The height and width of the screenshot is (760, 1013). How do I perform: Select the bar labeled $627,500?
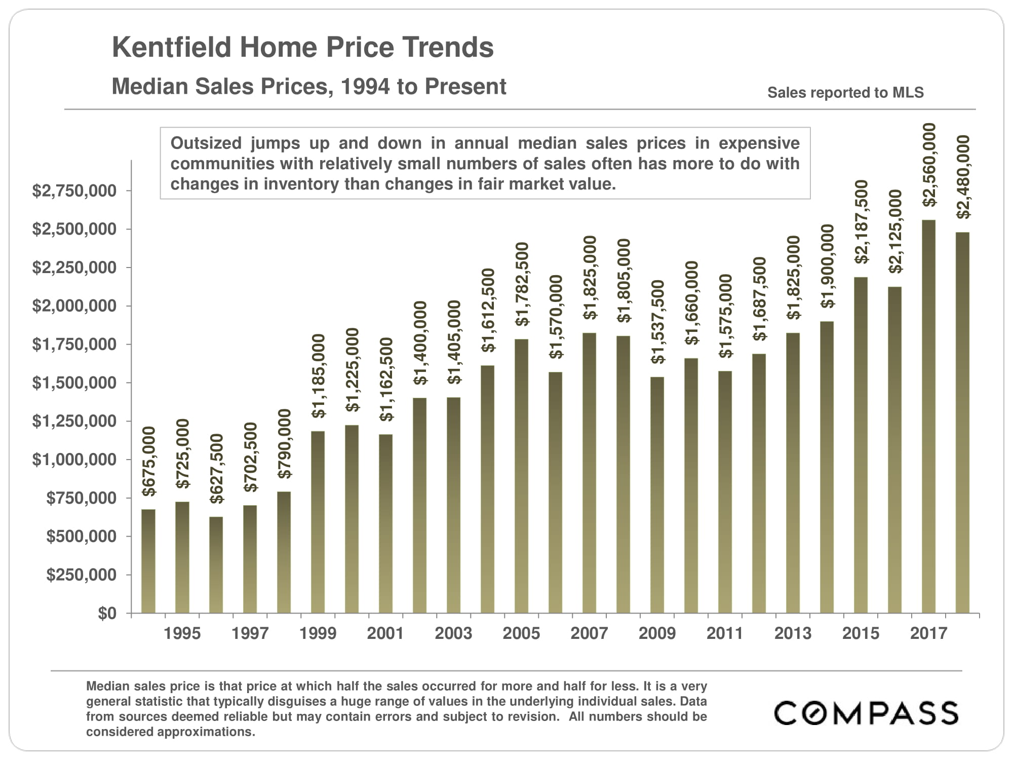216,564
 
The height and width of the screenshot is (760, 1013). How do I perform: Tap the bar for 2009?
657,495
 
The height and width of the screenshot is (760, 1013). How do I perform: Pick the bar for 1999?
318,522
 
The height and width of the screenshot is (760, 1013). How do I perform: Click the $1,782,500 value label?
522,284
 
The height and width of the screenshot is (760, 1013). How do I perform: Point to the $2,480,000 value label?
963,177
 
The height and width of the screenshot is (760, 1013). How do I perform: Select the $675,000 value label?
149,461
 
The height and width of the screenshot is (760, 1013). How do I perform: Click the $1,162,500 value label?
386,379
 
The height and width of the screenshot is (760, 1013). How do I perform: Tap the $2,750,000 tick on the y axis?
74,191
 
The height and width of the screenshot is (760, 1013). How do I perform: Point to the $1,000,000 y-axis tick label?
74,460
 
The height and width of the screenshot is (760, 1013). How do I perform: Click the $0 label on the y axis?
107,614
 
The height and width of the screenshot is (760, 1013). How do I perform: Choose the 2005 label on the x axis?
521,633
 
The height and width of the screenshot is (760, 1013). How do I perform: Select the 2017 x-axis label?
928,633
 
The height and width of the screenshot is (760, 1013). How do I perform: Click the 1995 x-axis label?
182,633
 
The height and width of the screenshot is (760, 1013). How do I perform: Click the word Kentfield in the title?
172,48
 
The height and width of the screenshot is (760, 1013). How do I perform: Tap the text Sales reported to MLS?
845,93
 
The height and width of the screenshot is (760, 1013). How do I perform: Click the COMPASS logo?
866,713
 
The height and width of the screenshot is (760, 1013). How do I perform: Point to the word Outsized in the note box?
206,143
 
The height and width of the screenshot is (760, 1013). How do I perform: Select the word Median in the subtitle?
149,87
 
